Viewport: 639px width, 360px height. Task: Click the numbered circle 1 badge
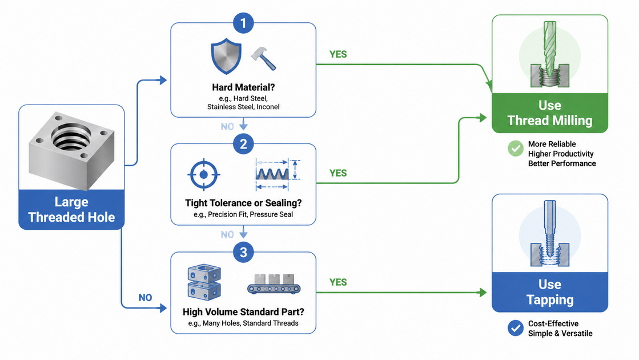[243, 23]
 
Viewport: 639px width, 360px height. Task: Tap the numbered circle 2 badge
[243, 144]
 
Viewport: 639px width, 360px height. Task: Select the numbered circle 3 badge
[243, 253]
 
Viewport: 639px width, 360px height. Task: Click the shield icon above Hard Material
[226, 56]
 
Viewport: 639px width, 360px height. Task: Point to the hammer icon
[263, 58]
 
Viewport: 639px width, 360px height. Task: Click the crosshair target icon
[204, 174]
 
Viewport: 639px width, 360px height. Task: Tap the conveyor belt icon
[274, 284]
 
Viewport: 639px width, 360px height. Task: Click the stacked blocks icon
[204, 282]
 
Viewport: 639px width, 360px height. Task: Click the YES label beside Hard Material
[338, 55]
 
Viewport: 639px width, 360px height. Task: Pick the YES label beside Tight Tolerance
[338, 173]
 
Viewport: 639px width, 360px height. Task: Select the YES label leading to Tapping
[338, 282]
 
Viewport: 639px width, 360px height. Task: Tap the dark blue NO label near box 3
[145, 298]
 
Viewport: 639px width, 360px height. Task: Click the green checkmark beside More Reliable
[516, 149]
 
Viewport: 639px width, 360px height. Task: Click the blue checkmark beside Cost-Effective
[516, 328]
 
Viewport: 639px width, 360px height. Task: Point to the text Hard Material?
[243, 87]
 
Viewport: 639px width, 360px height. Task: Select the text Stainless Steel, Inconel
[243, 107]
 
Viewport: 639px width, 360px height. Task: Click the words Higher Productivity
[561, 154]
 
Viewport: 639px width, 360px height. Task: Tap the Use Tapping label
[550, 292]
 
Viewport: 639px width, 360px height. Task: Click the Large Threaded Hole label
[71, 210]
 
